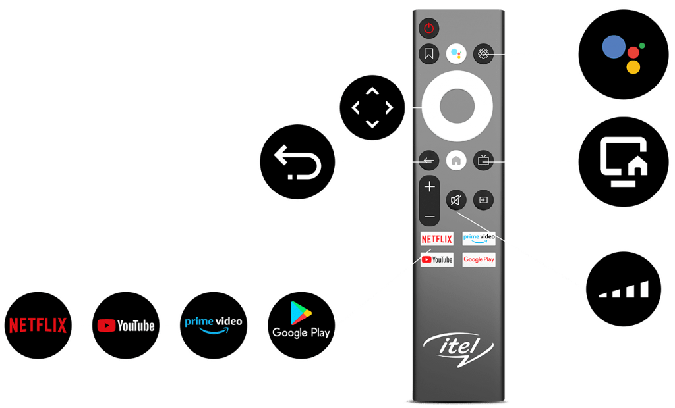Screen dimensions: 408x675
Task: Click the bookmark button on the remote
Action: tap(428, 54)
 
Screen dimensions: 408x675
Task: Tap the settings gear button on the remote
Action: tap(484, 54)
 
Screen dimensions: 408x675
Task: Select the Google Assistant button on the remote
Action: tap(456, 54)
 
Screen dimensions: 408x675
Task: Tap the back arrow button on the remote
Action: tap(428, 160)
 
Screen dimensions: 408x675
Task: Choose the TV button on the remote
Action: tap(484, 160)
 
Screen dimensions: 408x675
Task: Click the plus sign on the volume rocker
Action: tap(430, 187)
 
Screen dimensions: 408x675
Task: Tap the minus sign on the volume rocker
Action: tap(430, 216)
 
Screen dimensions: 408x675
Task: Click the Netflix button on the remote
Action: tap(436, 238)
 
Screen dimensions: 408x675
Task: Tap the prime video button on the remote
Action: tap(479, 238)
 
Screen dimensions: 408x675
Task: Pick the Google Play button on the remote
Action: tap(479, 259)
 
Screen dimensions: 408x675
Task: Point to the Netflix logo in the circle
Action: tap(38, 324)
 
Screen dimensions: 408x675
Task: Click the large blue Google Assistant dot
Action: tap(614, 47)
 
